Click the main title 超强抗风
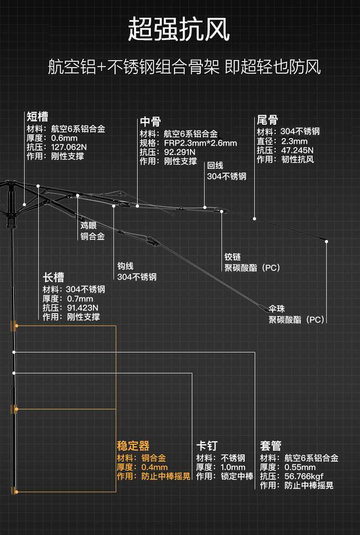179,30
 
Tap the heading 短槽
37,117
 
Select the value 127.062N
69,147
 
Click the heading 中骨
150,122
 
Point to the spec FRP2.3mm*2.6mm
201,143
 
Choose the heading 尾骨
267,120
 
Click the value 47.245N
297,150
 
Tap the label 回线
215,165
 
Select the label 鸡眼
88,225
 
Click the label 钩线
125,266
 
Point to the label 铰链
232,257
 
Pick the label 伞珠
277,309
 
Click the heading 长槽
53,277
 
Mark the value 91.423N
82,307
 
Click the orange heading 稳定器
133,446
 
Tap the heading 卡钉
207,446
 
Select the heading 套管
271,446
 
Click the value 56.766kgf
303,476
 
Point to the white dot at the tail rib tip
327,241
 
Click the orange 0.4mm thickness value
154,467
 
